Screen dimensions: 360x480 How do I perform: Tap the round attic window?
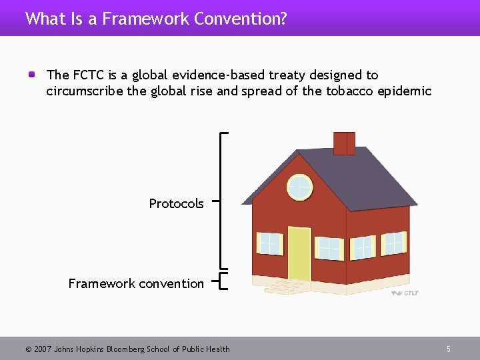click(x=300, y=187)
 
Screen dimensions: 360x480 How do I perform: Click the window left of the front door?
click(x=270, y=243)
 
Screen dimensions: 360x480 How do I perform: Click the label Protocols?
click(x=176, y=203)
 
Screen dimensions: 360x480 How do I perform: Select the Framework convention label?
click(x=136, y=283)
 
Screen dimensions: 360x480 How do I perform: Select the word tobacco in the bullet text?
click(x=347, y=91)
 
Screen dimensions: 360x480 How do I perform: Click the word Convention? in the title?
click(x=241, y=19)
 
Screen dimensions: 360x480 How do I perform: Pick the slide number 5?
click(x=449, y=349)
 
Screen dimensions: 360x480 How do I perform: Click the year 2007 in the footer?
click(x=41, y=349)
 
